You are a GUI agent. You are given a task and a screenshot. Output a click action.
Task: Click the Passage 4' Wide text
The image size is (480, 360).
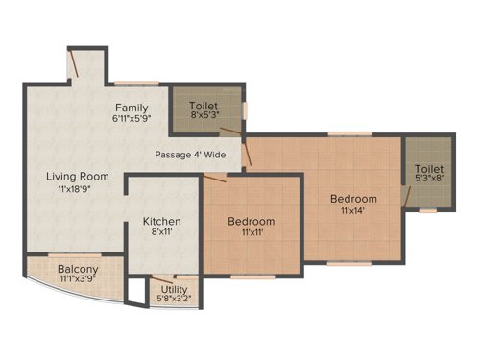click(x=192, y=154)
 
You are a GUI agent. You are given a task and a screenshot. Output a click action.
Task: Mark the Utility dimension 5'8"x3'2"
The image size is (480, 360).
click(x=176, y=299)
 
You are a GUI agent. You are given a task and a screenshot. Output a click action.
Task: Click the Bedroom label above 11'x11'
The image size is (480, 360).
click(x=251, y=222)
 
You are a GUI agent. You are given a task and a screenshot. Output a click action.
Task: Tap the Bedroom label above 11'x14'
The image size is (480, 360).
click(x=354, y=199)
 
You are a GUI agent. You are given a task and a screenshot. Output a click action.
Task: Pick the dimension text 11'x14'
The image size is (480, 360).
click(x=354, y=213)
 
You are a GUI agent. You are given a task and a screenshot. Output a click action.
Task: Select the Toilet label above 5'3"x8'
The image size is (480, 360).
click(x=429, y=168)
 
